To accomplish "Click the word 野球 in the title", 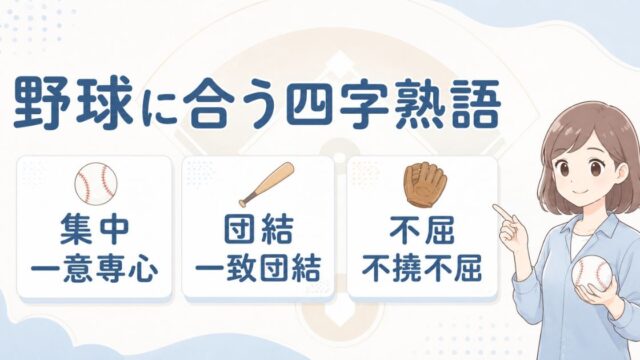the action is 74,104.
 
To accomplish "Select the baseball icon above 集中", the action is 96,183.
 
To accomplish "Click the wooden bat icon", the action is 267,184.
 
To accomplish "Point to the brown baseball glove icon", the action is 425,185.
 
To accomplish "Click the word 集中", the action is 95,231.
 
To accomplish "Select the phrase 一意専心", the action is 95,269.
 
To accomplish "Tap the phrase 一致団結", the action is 258,269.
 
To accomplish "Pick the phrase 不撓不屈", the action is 422,269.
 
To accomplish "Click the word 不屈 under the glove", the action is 422,231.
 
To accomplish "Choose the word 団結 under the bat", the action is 258,231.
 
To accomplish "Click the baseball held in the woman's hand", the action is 592,273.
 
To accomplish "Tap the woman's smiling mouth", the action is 576,192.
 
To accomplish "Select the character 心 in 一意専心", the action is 143,269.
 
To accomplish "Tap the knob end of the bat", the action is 242,202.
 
